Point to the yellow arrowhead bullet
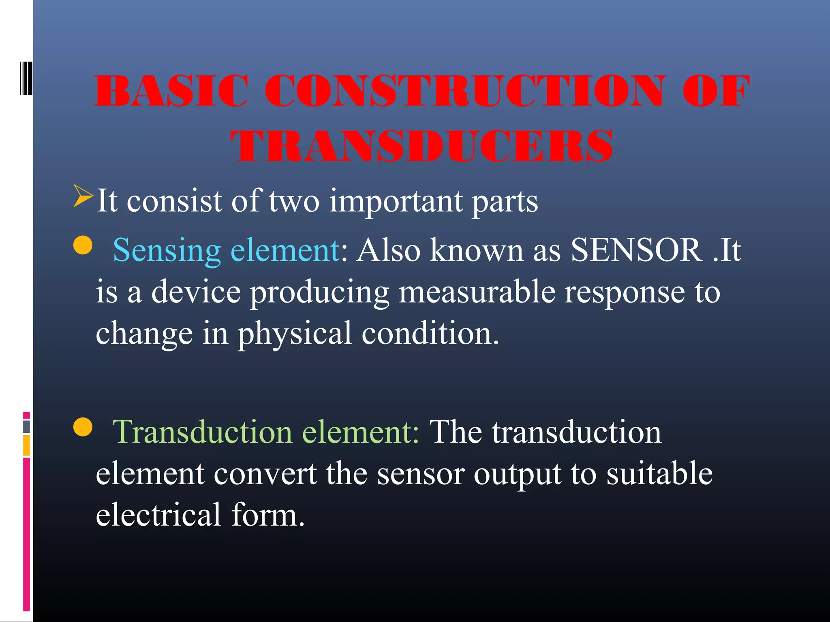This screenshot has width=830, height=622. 83,196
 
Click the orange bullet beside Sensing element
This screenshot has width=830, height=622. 83,245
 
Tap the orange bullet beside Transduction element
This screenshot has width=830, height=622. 83,427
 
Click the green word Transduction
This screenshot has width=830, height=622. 202,432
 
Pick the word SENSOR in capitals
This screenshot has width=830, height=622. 636,250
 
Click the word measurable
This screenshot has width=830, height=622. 477,292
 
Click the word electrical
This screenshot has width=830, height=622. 158,515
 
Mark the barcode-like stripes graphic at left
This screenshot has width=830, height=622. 26,78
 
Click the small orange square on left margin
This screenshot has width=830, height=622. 26,445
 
